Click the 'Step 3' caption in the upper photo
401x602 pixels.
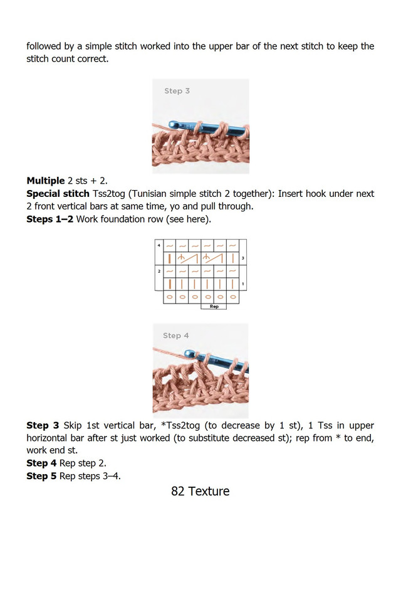[177, 91]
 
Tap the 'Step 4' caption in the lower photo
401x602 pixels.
[176, 335]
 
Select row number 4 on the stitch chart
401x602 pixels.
[159, 244]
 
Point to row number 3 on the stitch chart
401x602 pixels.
[242, 258]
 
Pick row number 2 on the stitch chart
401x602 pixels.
[159, 271]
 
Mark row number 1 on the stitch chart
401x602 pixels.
[242, 284]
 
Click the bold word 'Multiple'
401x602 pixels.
[46, 181]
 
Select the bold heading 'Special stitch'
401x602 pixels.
[58, 194]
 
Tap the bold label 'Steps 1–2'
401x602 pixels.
[50, 219]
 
